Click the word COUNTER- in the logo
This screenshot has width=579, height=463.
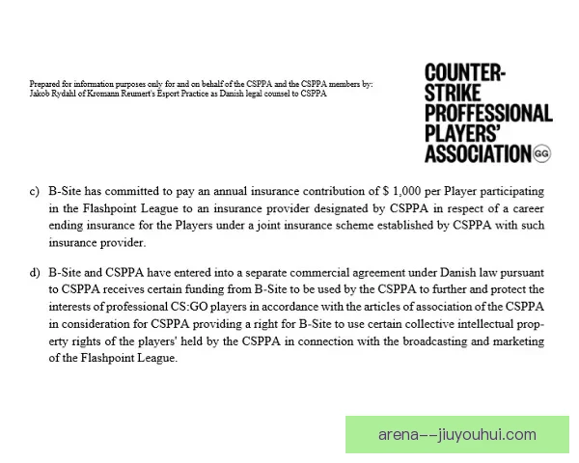(x=466, y=72)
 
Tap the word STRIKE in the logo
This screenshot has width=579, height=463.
(x=455, y=93)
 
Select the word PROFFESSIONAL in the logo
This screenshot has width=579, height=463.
(x=488, y=113)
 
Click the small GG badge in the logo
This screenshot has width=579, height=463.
(x=541, y=153)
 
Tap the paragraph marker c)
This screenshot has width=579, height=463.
(x=35, y=192)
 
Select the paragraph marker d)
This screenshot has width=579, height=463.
(x=35, y=272)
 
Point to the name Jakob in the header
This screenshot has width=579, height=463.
(x=41, y=94)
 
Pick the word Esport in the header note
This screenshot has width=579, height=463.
(x=180, y=94)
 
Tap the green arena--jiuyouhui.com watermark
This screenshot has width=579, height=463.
(x=457, y=434)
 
